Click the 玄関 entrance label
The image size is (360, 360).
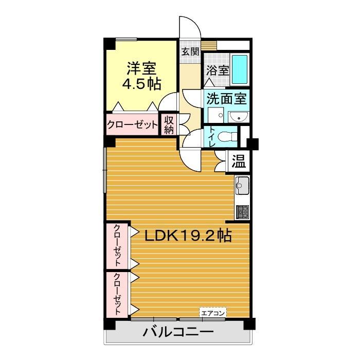click(190, 51)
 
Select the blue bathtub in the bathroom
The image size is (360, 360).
click(240, 69)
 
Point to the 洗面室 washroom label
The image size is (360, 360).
click(226, 98)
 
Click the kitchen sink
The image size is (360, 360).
click(242, 184)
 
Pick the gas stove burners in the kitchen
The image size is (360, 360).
click(242, 211)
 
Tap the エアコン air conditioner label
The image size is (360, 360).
click(213, 312)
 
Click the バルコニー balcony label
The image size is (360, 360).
click(178, 332)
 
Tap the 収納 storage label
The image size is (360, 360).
click(169, 124)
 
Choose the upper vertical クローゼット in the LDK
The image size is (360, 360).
click(118, 245)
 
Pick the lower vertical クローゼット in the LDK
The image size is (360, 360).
click(118, 294)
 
